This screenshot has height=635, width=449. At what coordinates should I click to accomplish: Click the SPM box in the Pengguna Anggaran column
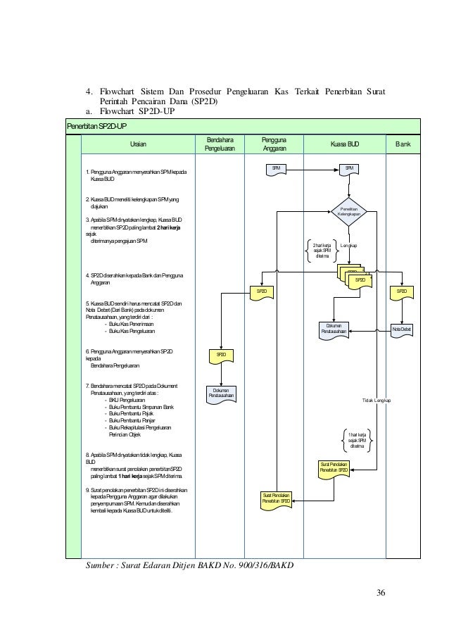277,168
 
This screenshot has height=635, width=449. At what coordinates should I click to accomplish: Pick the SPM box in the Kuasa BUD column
349,168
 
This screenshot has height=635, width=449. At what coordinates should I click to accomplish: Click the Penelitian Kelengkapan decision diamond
349,210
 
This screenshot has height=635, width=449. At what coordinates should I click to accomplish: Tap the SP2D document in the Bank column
401,291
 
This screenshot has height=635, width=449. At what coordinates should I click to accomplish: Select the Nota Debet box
402,329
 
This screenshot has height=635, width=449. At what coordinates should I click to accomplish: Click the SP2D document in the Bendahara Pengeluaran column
220,356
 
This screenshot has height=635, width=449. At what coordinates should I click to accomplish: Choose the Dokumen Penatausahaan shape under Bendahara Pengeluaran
220,395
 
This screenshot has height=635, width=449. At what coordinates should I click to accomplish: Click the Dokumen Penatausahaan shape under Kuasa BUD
334,329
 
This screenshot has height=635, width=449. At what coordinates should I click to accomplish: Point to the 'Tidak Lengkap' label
377,400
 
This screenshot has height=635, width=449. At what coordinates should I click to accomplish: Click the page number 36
380,590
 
